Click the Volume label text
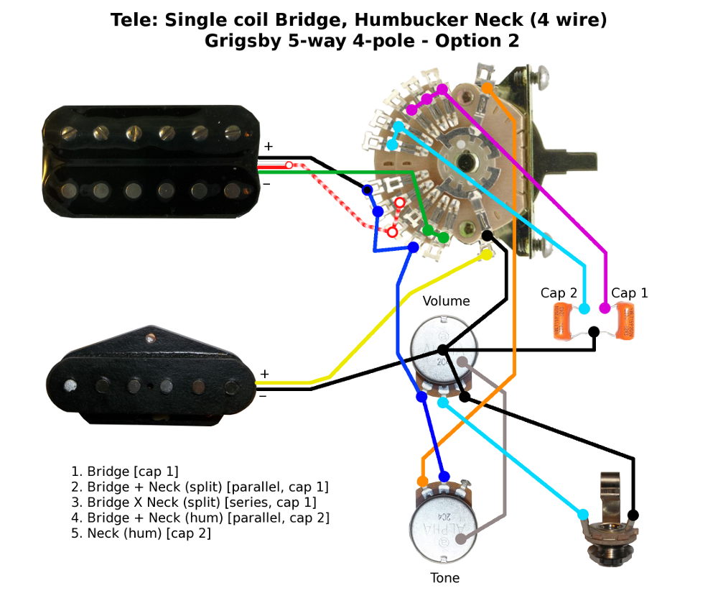[446, 301]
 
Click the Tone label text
[445, 578]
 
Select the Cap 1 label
[629, 293]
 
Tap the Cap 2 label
[559, 293]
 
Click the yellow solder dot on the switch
[487, 254]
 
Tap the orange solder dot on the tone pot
[422, 481]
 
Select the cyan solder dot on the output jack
[582, 515]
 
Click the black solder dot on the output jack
[633, 515]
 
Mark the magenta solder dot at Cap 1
[605, 308]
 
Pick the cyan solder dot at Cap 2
[584, 309]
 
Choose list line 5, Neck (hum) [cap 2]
[141, 533]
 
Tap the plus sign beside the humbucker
[268, 147]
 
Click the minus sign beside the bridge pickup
[264, 395]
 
